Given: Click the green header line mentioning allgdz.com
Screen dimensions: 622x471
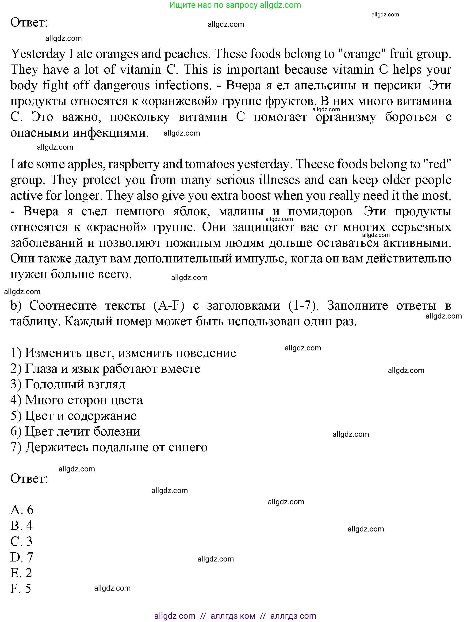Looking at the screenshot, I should [x=235, y=5].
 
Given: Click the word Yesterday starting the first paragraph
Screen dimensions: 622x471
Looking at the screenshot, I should [x=38, y=54].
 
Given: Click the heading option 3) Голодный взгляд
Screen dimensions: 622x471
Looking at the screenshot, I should [x=68, y=384].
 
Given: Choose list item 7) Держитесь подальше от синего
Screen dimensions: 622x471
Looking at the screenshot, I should [x=109, y=447].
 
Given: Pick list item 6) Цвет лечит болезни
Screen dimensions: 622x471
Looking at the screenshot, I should [x=75, y=431].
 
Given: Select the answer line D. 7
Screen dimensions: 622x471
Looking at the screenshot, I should [x=22, y=557].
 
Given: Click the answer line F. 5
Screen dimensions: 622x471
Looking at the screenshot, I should [x=21, y=588].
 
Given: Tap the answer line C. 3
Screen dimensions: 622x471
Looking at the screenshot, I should [x=21, y=541].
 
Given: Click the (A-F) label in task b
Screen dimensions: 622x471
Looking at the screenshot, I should [x=169, y=305].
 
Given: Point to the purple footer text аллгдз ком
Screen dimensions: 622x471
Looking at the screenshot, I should [x=233, y=616].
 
